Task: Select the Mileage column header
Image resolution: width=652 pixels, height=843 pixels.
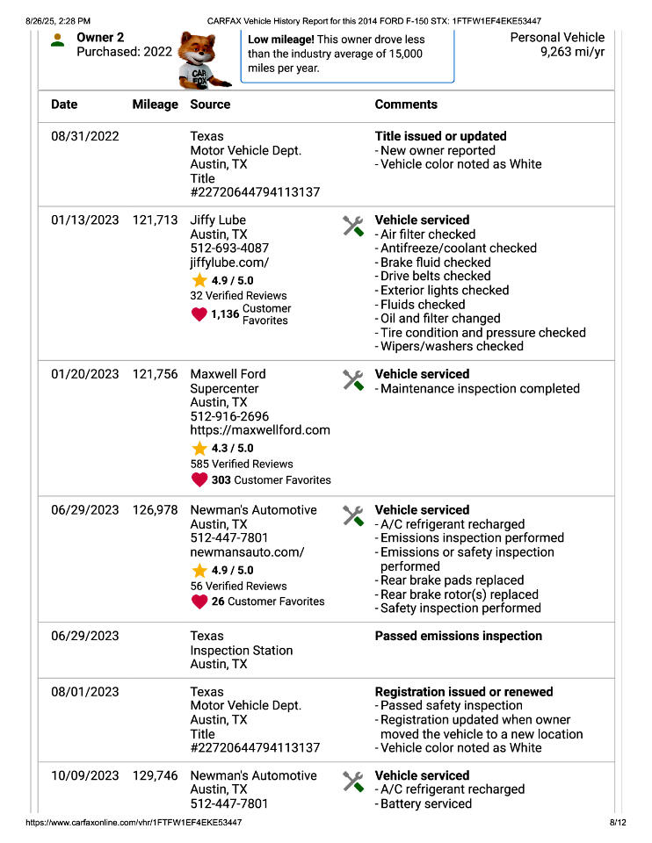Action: click(155, 104)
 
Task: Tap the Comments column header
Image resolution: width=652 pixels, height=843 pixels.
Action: click(405, 104)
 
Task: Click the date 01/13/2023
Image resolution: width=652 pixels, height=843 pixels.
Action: click(84, 220)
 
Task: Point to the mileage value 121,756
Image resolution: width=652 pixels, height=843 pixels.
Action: click(155, 374)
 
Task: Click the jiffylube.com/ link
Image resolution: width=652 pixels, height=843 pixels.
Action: click(229, 263)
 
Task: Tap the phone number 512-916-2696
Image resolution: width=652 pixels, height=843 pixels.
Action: click(229, 416)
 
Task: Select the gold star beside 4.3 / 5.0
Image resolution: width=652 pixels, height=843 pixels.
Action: click(199, 448)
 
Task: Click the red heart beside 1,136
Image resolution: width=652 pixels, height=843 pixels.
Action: click(199, 314)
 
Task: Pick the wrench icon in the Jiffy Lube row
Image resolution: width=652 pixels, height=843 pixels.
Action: click(352, 226)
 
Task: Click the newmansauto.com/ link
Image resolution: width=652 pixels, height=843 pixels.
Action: click(247, 552)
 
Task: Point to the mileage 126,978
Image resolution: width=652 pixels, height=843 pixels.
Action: click(155, 510)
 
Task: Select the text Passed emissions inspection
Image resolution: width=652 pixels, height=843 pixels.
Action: click(458, 636)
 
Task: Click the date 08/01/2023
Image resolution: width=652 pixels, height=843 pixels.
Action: click(84, 692)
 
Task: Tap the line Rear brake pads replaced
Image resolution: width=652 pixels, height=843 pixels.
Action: click(452, 580)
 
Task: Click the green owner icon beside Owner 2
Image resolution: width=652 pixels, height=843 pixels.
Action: click(57, 40)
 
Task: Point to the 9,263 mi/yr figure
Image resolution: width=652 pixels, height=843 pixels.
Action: click(572, 52)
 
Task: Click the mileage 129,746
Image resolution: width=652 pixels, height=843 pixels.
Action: click(155, 776)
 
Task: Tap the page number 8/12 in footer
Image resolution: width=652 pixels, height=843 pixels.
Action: click(617, 823)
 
